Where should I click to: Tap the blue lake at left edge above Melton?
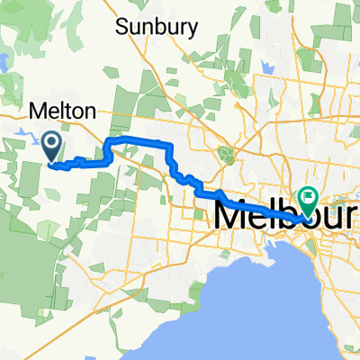4,63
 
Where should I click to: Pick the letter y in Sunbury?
191,29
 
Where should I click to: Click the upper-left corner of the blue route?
109,142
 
